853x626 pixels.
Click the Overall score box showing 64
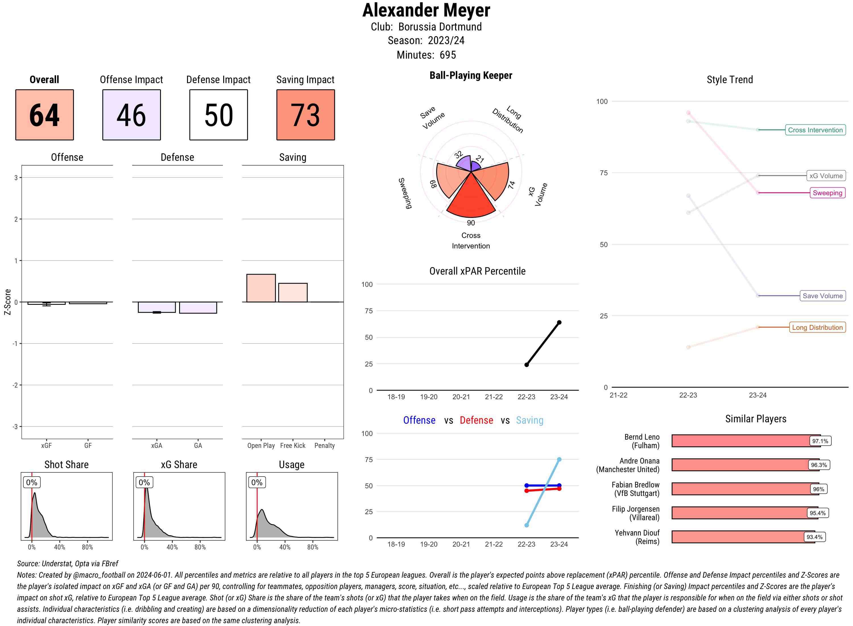point(44,115)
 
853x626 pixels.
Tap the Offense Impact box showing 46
point(131,115)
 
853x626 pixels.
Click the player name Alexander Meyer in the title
point(426,10)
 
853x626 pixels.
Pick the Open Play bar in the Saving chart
point(261,288)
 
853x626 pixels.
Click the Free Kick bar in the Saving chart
point(293,293)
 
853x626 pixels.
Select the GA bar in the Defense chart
point(198,307)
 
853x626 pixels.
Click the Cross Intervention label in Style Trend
point(815,130)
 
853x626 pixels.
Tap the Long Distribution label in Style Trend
point(817,328)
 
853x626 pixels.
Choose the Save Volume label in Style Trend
point(822,296)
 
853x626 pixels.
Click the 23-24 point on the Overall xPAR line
point(559,322)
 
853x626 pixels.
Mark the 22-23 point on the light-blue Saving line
point(527,525)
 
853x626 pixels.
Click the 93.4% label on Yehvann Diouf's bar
point(814,537)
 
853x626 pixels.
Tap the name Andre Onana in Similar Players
point(639,461)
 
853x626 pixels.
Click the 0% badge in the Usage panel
point(257,482)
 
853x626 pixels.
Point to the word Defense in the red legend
point(476,420)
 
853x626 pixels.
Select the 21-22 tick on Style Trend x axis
point(618,395)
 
